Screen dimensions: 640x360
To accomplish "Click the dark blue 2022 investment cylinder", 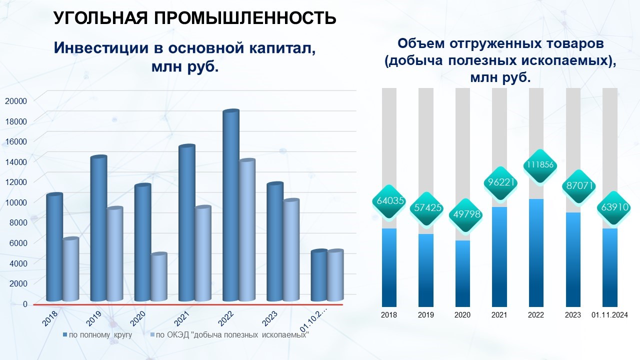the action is coord(231,205).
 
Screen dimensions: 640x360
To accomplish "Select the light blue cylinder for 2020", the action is coord(159,276).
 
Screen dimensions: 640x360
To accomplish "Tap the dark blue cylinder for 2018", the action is coord(54,247).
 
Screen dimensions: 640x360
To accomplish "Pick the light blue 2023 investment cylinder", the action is coord(291,249).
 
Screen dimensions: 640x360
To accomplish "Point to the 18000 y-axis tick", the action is coord(16,121).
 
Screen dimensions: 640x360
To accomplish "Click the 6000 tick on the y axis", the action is coord(18,243).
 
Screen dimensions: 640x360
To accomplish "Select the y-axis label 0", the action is coord(25,304).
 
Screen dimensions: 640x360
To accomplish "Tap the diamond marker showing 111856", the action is coord(540,165).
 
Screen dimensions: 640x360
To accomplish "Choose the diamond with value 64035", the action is coord(390,201).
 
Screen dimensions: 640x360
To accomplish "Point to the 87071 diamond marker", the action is coord(579,186).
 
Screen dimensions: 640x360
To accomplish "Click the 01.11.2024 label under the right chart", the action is coord(609,315).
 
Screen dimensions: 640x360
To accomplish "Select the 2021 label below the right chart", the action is coord(499,315).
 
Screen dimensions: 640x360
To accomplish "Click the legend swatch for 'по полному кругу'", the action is coord(65,334).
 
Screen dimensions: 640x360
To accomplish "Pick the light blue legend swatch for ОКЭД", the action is coord(152,334).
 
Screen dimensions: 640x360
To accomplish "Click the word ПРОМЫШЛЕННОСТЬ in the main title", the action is coord(245,18).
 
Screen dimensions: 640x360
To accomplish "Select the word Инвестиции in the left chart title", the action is coord(101,47).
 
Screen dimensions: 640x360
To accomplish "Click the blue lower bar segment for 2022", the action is coord(536,253).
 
